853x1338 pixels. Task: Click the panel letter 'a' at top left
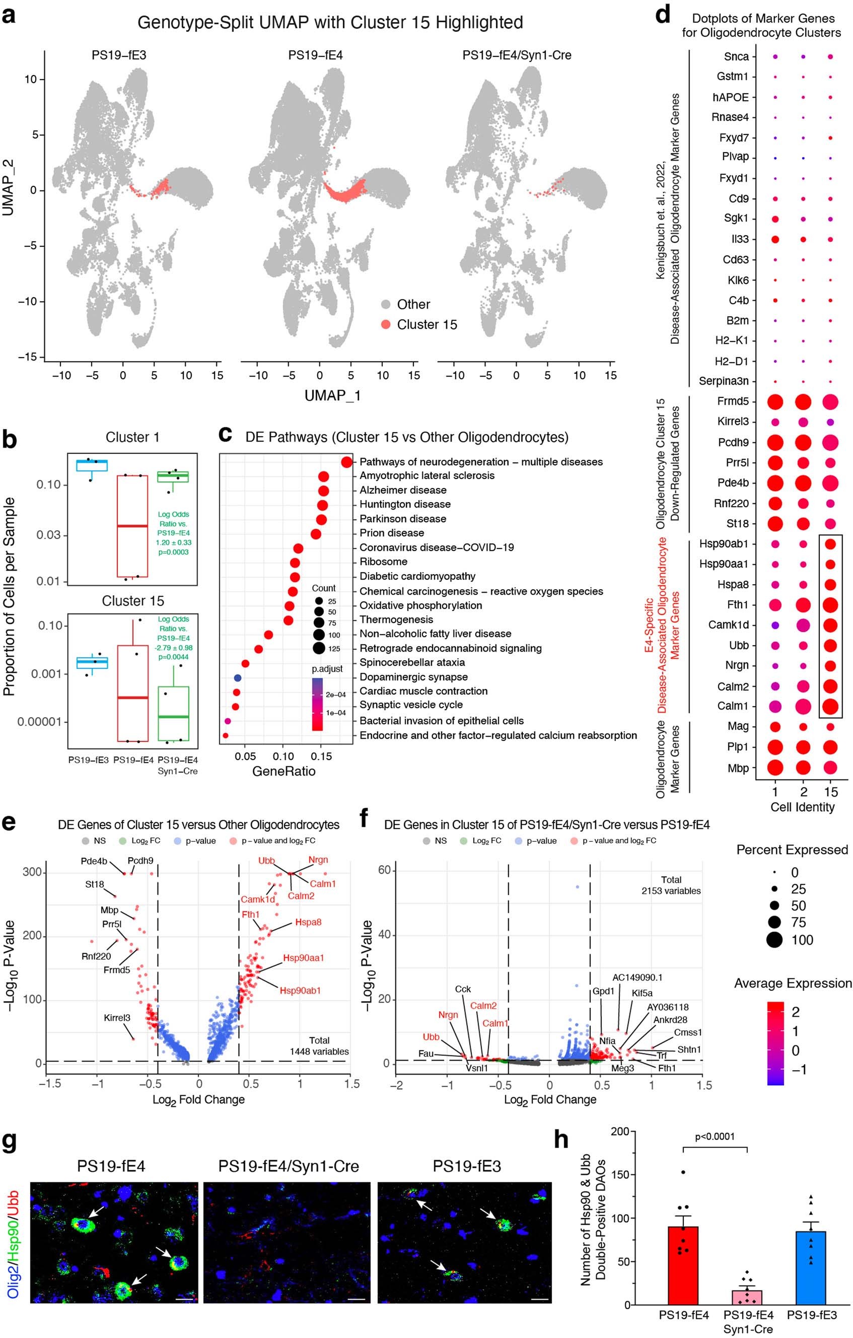pos(9,15)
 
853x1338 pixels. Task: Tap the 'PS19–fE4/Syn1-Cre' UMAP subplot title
pos(517,55)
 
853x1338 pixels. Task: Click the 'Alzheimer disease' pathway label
pos(403,490)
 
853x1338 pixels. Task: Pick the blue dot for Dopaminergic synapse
pos(237,678)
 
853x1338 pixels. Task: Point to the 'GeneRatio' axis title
pos(284,771)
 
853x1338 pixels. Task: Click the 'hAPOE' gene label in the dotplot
pos(731,97)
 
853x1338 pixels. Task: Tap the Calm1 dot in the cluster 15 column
pos(830,706)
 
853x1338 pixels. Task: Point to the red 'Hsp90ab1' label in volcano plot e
pos(300,990)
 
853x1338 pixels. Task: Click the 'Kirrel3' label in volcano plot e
pos(117,1018)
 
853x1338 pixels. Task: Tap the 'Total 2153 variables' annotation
pos(671,885)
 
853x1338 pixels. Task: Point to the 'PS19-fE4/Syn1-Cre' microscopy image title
pos(289,1166)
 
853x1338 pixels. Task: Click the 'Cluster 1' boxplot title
pos(132,437)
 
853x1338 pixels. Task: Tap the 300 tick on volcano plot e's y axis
pos(32,872)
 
